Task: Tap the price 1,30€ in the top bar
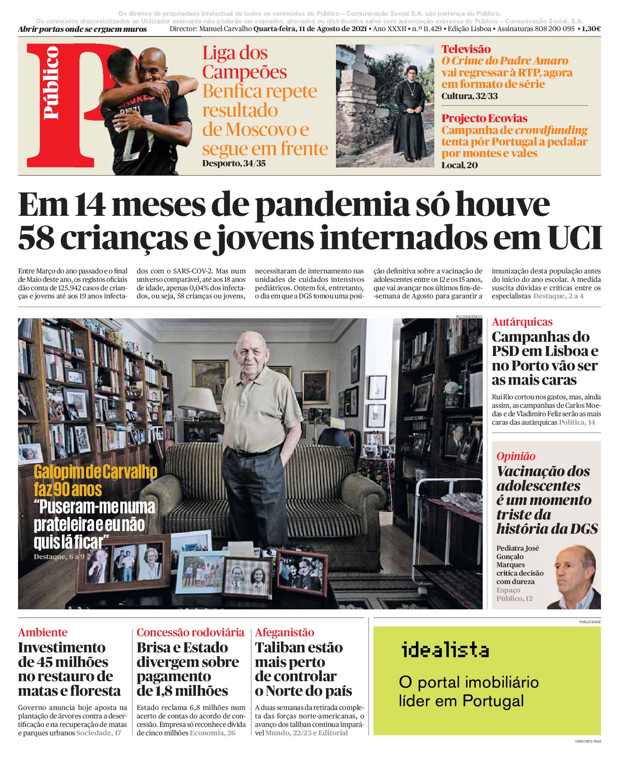click(591, 29)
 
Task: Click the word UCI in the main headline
click(574, 238)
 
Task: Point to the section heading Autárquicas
click(522, 322)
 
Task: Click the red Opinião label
click(515, 456)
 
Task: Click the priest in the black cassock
click(410, 111)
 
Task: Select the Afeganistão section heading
click(284, 632)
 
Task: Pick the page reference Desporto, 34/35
click(234, 164)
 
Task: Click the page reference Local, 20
click(459, 165)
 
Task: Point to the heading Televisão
click(466, 49)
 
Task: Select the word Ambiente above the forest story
click(43, 632)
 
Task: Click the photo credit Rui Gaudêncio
click(469, 316)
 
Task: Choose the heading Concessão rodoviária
click(190, 632)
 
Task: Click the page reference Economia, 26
click(212, 733)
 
